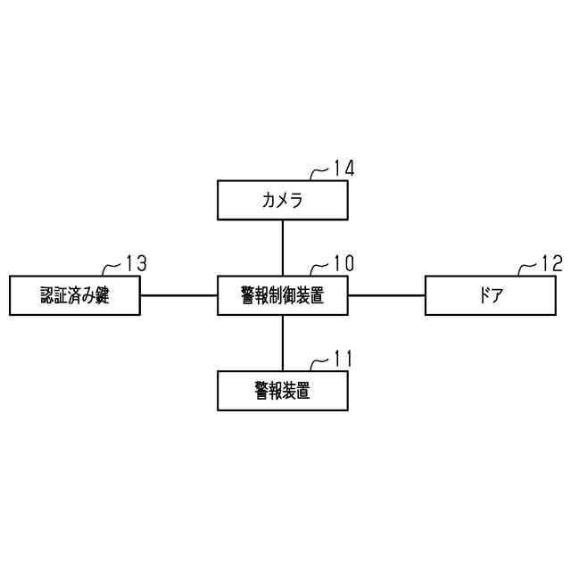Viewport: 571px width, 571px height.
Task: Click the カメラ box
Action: click(x=283, y=200)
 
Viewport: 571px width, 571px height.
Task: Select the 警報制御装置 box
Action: click(x=283, y=295)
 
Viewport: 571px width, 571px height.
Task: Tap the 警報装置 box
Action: click(x=283, y=390)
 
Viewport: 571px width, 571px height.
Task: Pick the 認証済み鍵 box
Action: click(x=75, y=295)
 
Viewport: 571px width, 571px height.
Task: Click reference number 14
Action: click(x=343, y=168)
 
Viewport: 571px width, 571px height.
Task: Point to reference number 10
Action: click(x=343, y=263)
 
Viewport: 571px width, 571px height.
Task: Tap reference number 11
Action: click(x=343, y=359)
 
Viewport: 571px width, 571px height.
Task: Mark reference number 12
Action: click(x=552, y=263)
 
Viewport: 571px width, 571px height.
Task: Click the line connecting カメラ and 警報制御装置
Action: click(x=283, y=247)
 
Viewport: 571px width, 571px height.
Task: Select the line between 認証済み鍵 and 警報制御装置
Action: click(x=179, y=295)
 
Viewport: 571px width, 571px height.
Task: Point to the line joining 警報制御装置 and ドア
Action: click(x=386, y=295)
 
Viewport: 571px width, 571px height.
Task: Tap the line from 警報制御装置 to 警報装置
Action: click(x=283, y=343)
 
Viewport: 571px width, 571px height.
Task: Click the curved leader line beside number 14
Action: click(x=318, y=173)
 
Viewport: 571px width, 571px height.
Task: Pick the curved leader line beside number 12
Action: click(x=526, y=269)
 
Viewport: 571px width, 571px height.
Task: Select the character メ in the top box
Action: click(x=283, y=200)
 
